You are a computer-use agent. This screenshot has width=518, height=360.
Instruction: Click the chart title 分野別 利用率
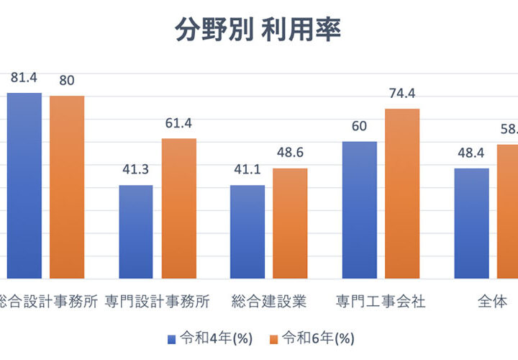[258, 30]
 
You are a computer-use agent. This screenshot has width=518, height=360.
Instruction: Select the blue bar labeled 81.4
[24, 185]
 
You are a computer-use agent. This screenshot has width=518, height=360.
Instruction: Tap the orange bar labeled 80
[67, 186]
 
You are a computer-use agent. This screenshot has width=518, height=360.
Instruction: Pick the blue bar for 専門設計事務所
[136, 231]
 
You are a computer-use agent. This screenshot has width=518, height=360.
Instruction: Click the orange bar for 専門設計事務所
[178, 208]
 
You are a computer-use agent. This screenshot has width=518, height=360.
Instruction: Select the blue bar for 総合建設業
[247, 231]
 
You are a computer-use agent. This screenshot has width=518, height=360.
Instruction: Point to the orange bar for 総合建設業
[290, 223]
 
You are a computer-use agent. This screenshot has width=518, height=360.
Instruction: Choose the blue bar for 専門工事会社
[359, 210]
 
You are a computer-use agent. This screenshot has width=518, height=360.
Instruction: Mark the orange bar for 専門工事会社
[402, 193]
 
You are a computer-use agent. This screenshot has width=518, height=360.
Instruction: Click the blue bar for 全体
[471, 223]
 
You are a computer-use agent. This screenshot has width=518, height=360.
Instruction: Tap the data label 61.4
[178, 124]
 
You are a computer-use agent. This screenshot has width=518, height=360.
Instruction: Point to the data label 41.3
[135, 171]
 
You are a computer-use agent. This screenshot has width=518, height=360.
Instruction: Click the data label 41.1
[247, 171]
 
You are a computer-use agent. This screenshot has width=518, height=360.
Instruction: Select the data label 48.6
[290, 154]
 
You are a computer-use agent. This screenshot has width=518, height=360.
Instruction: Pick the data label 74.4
[401, 94]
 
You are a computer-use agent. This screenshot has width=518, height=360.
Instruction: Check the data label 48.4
[471, 154]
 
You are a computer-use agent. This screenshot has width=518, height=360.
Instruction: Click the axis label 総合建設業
[269, 301]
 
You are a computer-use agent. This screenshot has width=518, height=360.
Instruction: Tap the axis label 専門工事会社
[381, 301]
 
